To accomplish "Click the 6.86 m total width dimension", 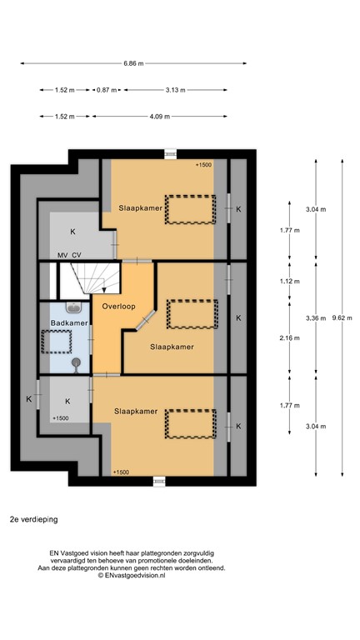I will pyautogui.click(x=133, y=63).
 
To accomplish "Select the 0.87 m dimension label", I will pyautogui.click(x=107, y=90).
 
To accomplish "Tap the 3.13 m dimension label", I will pyautogui.click(x=175, y=90).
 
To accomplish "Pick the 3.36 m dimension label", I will pyautogui.click(x=316, y=317).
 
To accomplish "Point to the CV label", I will pyautogui.click(x=77, y=255).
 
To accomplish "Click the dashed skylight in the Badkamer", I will pyautogui.click(x=57, y=342).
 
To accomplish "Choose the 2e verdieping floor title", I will pyautogui.click(x=34, y=517).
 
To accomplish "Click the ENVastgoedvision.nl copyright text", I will pyautogui.click(x=133, y=576).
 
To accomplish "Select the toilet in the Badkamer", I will pyautogui.click(x=77, y=362).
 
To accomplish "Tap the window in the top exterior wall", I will pyautogui.click(x=170, y=152).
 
